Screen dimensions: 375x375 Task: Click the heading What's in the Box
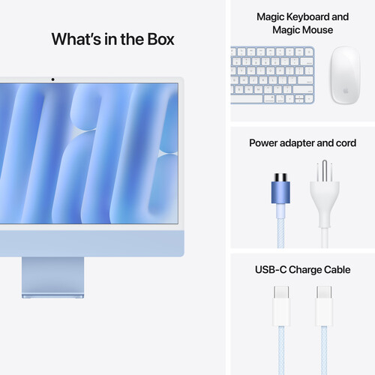[112, 39]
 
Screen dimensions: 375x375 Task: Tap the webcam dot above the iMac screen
[52, 79]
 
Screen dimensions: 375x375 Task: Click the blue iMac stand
[52, 276]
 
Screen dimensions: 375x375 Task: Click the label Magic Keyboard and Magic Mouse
[302, 23]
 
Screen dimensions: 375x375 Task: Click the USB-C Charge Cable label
[303, 269]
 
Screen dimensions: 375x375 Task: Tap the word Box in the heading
[160, 39]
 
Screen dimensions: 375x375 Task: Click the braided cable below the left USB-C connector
[282, 341]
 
